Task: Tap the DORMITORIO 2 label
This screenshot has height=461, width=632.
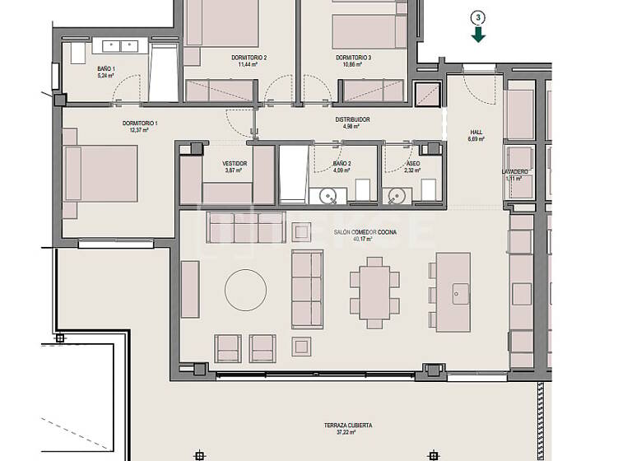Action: (x=253, y=58)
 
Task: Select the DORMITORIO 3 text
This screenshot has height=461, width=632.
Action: (x=353, y=58)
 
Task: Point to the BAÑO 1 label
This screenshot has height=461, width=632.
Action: (x=105, y=69)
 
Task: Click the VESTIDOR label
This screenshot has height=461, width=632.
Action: (x=235, y=164)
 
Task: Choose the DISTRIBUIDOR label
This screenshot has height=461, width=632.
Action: (x=352, y=120)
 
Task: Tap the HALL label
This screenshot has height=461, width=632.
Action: (x=476, y=132)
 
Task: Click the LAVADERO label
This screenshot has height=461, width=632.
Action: (x=515, y=171)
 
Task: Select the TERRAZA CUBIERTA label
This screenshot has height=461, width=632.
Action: (x=348, y=426)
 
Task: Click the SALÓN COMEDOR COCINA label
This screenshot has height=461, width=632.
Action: (x=365, y=233)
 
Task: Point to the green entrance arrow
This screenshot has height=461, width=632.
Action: (x=478, y=34)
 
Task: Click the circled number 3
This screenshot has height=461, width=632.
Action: (x=478, y=16)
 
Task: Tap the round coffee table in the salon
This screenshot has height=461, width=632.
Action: (x=245, y=289)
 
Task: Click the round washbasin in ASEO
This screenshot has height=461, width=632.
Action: (x=397, y=196)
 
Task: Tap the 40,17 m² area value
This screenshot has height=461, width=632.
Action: (x=365, y=240)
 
